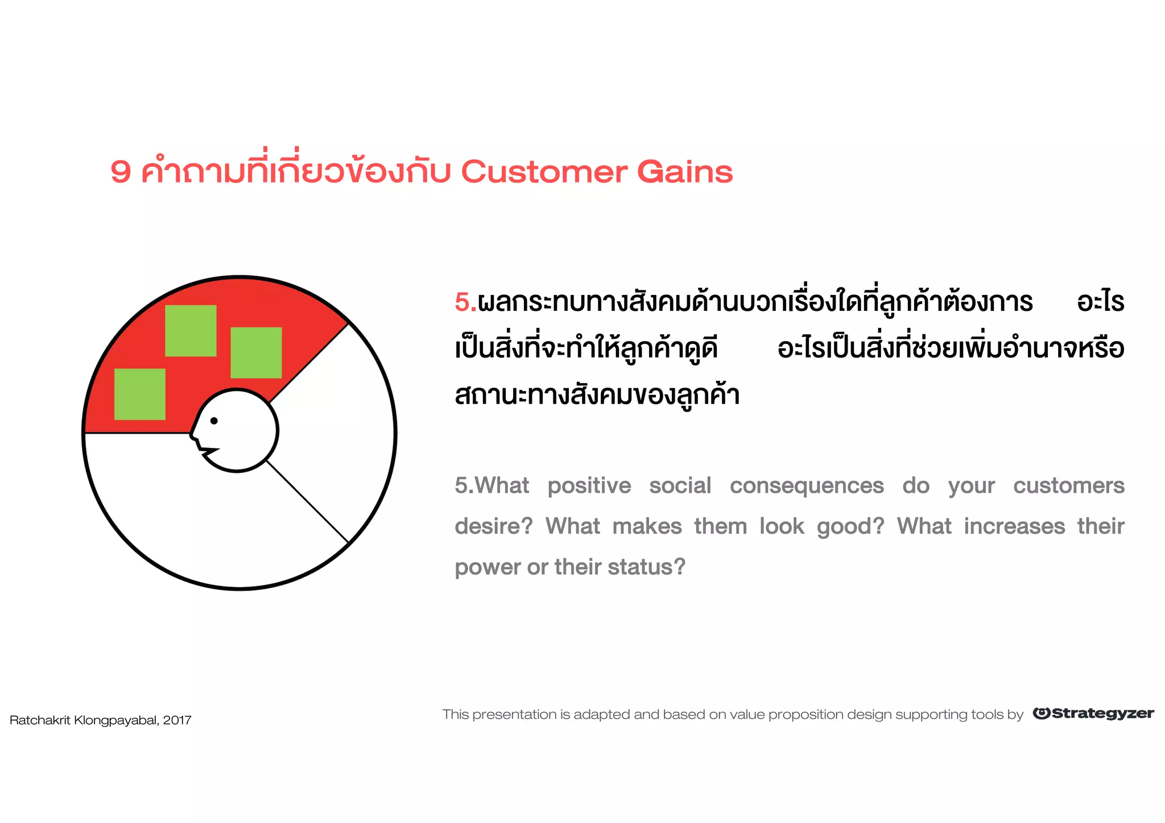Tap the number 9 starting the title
121,172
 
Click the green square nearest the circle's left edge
140,394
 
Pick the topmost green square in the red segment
191,331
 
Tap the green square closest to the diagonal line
256,352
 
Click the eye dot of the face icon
214,421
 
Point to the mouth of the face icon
208,451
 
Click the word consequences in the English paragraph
807,486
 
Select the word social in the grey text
680,486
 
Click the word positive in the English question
589,486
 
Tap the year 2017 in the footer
177,720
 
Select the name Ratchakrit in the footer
40,720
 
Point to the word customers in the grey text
1068,486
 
